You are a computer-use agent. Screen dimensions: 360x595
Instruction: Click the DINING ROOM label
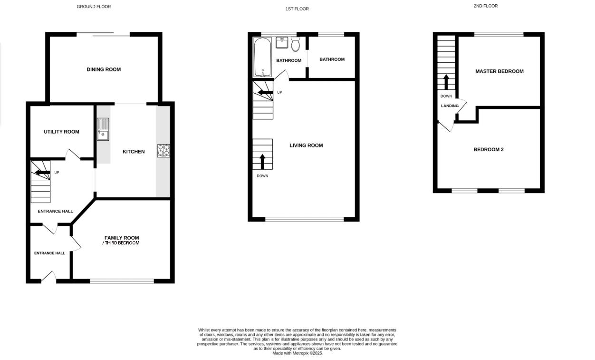104,69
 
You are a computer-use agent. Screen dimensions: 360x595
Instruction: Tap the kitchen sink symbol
103,129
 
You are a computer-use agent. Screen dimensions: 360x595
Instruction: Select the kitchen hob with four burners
163,150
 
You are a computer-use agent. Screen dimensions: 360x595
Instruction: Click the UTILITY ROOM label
61,132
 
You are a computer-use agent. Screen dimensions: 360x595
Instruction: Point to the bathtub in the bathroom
262,58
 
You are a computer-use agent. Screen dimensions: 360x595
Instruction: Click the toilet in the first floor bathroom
295,44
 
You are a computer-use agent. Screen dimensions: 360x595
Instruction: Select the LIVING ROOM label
306,146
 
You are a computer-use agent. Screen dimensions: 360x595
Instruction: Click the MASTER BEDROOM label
499,71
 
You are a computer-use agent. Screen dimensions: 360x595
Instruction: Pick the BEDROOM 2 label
489,150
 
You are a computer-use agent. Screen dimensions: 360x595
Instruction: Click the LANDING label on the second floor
450,106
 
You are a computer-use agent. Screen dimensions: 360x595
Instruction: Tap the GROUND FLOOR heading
94,7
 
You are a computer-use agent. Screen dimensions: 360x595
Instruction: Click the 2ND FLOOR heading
486,6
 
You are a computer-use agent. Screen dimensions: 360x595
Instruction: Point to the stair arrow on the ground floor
42,172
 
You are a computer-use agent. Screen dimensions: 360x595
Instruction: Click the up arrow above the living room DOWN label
262,162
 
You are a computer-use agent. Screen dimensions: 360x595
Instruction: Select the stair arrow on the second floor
446,82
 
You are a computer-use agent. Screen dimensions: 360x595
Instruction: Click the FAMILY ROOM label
122,238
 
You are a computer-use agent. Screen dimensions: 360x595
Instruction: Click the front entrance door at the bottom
49,278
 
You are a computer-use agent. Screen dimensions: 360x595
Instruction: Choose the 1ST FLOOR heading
297,9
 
